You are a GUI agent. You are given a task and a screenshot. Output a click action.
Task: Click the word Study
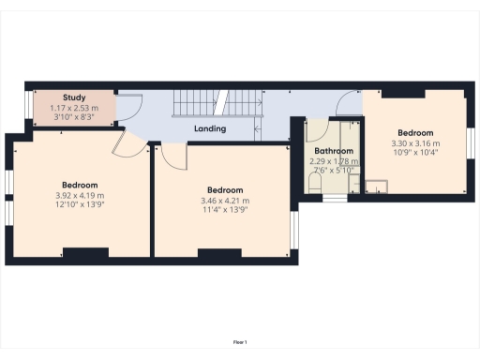coord(74,97)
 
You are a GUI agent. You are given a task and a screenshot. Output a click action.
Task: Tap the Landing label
coord(209,128)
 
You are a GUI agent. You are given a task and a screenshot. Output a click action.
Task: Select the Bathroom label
coord(334,151)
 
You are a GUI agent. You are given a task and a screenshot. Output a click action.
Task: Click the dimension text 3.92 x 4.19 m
coord(80,195)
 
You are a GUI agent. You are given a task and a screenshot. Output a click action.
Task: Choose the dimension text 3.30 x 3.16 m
coord(415,143)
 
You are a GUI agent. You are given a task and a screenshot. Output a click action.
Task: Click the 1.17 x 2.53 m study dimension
coord(74,108)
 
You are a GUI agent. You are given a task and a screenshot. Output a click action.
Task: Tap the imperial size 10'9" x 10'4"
coord(415,153)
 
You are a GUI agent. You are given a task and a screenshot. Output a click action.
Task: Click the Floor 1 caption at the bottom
coord(240,342)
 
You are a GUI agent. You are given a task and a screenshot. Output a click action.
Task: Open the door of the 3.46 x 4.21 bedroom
coord(172,157)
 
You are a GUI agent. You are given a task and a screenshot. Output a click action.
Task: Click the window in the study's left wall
coord(26,108)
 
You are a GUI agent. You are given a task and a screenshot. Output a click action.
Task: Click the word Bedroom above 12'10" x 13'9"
coord(80,185)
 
